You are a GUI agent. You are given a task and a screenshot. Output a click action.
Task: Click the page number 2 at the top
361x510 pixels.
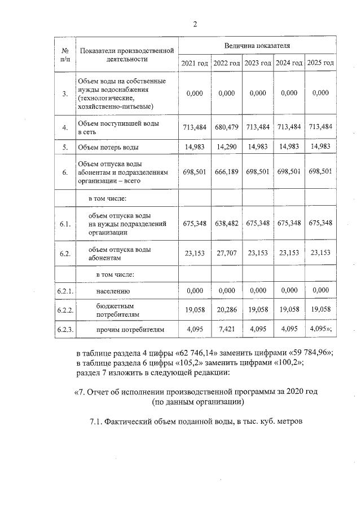pyautogui.click(x=195, y=24)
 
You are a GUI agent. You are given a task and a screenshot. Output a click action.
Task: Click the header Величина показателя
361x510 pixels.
pyautogui.click(x=257, y=44)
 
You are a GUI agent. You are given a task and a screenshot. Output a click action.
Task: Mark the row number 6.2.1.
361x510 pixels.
pyautogui.click(x=65, y=291)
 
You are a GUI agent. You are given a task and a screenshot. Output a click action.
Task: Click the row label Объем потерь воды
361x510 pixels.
pyautogui.click(x=108, y=148)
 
